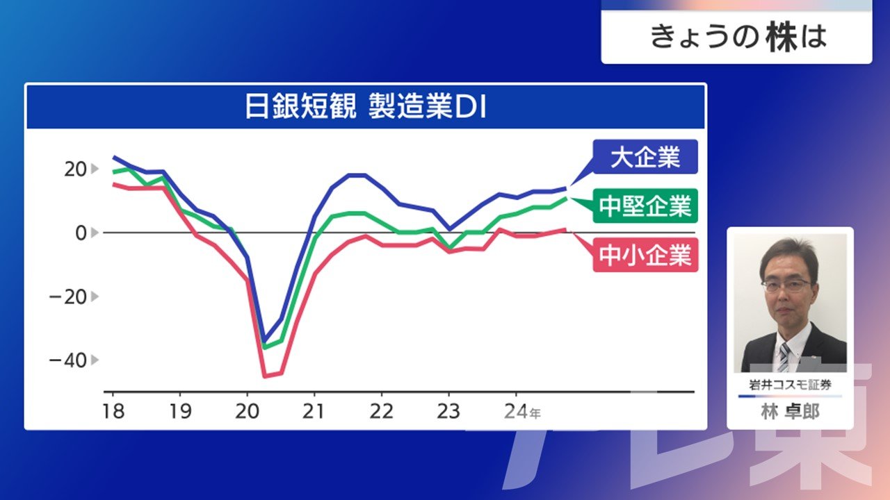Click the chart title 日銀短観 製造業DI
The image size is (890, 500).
click(x=366, y=106)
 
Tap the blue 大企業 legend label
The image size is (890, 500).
click(x=645, y=157)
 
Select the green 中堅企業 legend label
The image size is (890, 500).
click(x=645, y=206)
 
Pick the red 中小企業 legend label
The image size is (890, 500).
click(x=645, y=255)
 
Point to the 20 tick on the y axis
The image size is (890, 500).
click(x=76, y=169)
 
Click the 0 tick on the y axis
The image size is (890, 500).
click(x=81, y=233)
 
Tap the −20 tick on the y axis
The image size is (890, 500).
click(x=68, y=297)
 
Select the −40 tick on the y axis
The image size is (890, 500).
click(x=68, y=360)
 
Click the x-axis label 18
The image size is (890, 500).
click(x=113, y=412)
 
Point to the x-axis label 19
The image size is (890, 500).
click(x=180, y=412)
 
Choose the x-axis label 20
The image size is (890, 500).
click(x=247, y=412)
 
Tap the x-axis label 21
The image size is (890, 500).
click(x=314, y=412)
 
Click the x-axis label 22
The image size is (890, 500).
click(x=382, y=412)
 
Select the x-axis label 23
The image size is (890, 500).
click(x=448, y=412)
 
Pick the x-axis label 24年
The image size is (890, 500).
click(x=522, y=412)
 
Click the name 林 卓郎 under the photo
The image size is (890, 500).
click(x=790, y=412)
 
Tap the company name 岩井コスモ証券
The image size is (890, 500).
click(x=790, y=385)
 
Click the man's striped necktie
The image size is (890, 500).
click(x=784, y=357)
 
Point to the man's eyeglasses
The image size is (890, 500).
click(x=786, y=285)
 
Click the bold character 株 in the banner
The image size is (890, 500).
click(x=782, y=37)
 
